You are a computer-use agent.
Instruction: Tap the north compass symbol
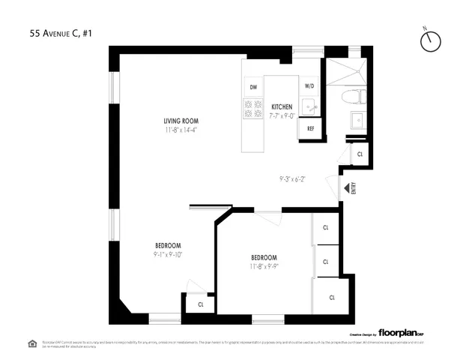[430, 42]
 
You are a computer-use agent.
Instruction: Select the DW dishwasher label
[252, 87]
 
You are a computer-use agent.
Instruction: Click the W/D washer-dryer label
[309, 87]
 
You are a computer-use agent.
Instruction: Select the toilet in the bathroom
[351, 96]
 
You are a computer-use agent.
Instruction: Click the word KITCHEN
[282, 106]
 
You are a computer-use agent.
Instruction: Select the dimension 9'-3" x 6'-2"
[293, 178]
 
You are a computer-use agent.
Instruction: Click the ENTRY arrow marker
[346, 189]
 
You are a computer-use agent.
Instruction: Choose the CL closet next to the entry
[360, 154]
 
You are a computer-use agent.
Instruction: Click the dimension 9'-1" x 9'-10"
[169, 254]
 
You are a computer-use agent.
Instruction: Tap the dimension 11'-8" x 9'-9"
[264, 266]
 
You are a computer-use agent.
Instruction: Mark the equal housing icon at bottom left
[32, 343]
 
